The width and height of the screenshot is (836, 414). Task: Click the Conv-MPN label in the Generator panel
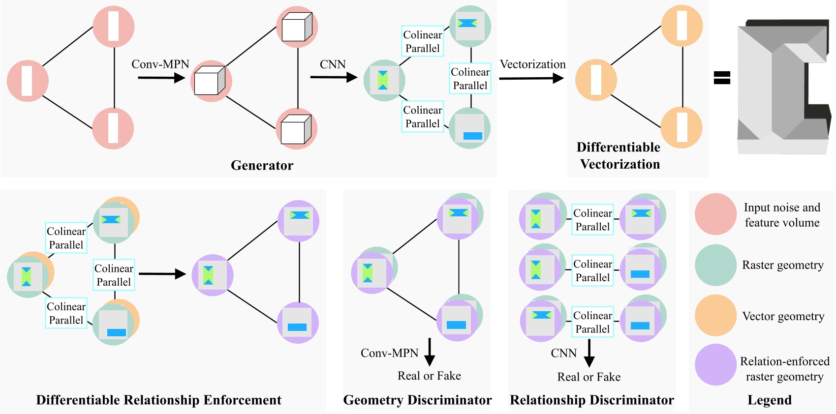[x=160, y=64]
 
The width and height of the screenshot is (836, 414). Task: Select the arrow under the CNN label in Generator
[x=333, y=77]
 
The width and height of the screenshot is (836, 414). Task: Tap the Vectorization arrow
[x=531, y=78]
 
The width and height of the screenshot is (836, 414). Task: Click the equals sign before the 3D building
[x=722, y=78]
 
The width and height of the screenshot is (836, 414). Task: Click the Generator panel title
[x=262, y=165]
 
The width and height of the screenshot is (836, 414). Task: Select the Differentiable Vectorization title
[x=619, y=156]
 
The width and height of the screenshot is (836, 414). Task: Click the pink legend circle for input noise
[x=715, y=214]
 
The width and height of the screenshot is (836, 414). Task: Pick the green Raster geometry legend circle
[x=715, y=265]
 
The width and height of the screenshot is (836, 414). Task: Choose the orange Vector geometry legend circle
[x=715, y=315]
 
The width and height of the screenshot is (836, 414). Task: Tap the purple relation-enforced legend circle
[x=715, y=364]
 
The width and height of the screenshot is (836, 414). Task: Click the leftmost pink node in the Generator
[x=28, y=81]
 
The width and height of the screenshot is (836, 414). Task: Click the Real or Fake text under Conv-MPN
[x=429, y=376]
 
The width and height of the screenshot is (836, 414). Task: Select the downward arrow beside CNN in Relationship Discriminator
[x=589, y=354]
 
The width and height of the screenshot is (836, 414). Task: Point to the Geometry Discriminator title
[x=417, y=400]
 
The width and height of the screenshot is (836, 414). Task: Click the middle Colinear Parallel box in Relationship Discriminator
[x=592, y=270]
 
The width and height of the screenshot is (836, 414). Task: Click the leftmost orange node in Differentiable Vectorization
[x=596, y=80]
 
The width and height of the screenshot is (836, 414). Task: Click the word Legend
[x=769, y=400]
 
